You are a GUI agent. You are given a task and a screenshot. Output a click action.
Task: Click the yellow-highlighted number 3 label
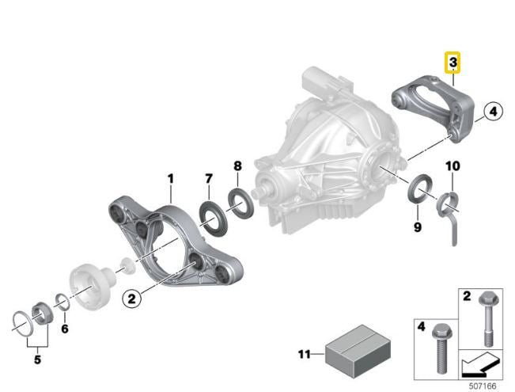pyautogui.click(x=453, y=62)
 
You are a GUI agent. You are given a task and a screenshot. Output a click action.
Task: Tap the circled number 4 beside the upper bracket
pyautogui.click(x=490, y=112)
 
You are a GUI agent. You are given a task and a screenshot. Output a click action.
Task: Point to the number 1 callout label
pyautogui.click(x=169, y=181)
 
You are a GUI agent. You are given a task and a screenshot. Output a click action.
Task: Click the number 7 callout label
pyautogui.click(x=209, y=181)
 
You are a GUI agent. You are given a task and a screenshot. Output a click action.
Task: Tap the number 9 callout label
pyautogui.click(x=417, y=228)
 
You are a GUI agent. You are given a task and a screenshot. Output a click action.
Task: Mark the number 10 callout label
pyautogui.click(x=452, y=166)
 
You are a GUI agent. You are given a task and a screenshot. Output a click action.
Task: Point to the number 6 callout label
pyautogui.click(x=65, y=328)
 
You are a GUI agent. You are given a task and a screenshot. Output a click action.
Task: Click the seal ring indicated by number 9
pyautogui.click(x=419, y=192)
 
